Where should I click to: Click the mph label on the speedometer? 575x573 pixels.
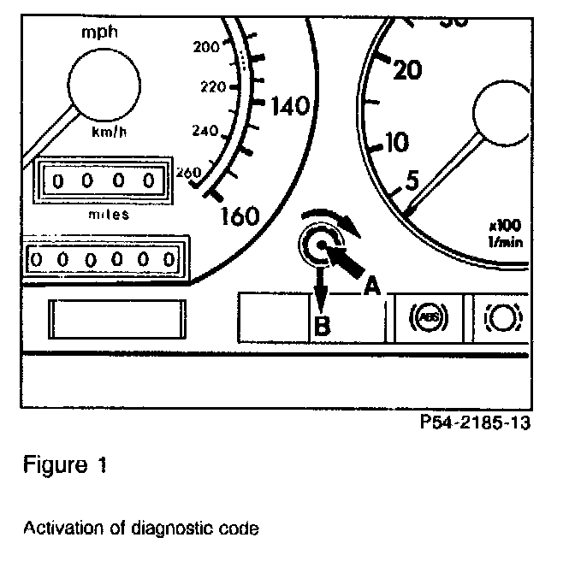[x=100, y=32]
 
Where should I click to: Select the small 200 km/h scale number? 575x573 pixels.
[x=208, y=48]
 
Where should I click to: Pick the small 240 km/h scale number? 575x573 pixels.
[x=207, y=132]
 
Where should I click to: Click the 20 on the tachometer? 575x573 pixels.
[x=408, y=71]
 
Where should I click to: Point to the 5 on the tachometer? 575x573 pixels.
[x=412, y=180]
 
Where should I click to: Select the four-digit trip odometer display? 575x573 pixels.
[x=102, y=181]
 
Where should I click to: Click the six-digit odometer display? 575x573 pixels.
[x=102, y=257]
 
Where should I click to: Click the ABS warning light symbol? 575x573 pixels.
[x=424, y=317]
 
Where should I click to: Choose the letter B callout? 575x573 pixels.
[x=321, y=325]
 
